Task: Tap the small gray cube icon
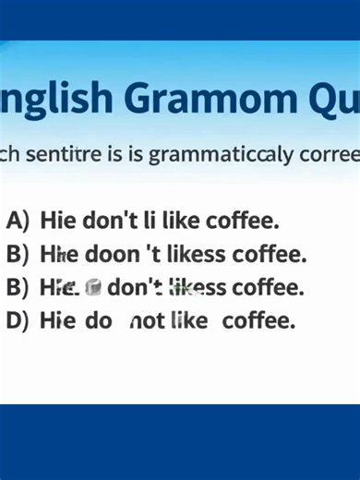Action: click(92, 287)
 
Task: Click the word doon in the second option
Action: click(109, 254)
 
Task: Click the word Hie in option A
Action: click(58, 221)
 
